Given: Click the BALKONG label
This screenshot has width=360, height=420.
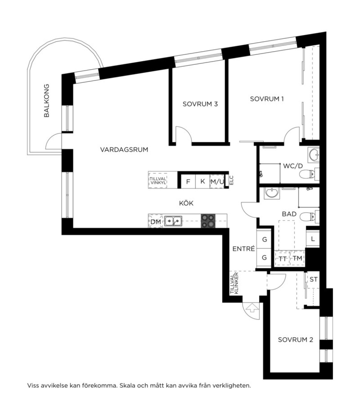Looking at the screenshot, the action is point(46,101).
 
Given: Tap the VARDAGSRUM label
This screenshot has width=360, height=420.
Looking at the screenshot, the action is point(124,150).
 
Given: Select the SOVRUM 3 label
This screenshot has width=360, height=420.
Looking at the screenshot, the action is point(200,104).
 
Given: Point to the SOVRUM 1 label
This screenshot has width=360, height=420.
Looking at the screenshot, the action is point(267,99).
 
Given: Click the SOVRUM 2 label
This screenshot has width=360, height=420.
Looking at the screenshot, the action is point(295,340).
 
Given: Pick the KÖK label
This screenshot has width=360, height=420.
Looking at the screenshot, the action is point(186,203).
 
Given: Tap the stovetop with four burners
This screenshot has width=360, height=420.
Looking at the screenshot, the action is point(208,221).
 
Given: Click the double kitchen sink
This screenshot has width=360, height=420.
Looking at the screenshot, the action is point(173,221).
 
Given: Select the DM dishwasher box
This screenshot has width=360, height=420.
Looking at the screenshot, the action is point(156,221).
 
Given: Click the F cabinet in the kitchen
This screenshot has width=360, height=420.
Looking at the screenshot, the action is point(188,181).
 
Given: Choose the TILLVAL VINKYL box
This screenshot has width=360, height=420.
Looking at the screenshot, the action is point(158,180).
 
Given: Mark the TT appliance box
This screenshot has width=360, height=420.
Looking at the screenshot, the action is point(282,258).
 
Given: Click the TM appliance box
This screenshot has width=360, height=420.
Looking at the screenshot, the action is point(297,258).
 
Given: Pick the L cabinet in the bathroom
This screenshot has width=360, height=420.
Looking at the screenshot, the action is point(313,239).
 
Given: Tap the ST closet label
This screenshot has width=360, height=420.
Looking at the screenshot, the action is point(313,280).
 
